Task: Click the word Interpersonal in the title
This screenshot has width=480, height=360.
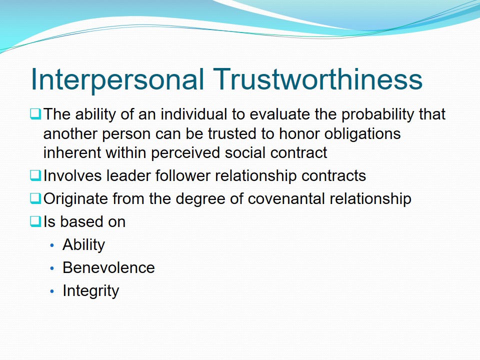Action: pos(117,79)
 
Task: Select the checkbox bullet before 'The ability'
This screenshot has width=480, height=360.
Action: pos(35,114)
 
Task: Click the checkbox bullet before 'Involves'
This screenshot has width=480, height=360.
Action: pos(35,175)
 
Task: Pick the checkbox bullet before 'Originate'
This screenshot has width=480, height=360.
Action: pos(35,198)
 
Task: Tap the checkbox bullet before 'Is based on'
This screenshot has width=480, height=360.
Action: pos(35,221)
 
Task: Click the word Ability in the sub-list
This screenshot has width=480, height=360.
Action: pos(83,245)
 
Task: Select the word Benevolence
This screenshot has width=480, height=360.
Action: pos(108,267)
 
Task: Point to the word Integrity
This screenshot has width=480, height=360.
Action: pos(90,291)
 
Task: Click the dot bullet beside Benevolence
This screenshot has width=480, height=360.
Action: pos(52,268)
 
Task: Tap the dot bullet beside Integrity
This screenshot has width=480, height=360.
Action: pos(52,291)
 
